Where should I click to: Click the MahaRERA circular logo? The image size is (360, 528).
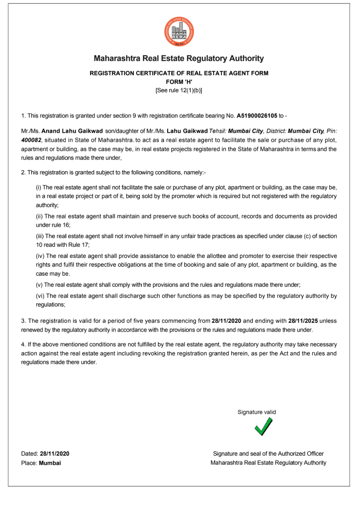pos(179,32)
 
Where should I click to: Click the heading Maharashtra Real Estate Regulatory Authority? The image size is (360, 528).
pos(179,58)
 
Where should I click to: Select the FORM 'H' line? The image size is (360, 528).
pos(179,82)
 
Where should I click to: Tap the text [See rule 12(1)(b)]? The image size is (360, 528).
pos(179,91)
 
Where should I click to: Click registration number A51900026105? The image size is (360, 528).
pos(257,116)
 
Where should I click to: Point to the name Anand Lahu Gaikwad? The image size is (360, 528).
pos(72,131)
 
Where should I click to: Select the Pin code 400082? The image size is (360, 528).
pos(31,140)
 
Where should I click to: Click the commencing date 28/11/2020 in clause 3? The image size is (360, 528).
pos(226,321)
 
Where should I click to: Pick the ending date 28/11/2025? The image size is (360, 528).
pos(303,321)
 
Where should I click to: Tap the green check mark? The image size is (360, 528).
pos(264,427)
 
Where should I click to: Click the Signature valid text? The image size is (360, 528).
pos(257,412)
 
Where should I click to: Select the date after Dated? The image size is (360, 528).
pos(55,454)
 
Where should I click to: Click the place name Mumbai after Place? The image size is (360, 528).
pos(50,463)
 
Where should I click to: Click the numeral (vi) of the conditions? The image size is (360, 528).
pos(40,296)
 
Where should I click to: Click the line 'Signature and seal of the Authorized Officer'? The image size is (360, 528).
pos(268,454)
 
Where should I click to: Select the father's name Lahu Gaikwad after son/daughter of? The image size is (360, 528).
pos(187,131)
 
